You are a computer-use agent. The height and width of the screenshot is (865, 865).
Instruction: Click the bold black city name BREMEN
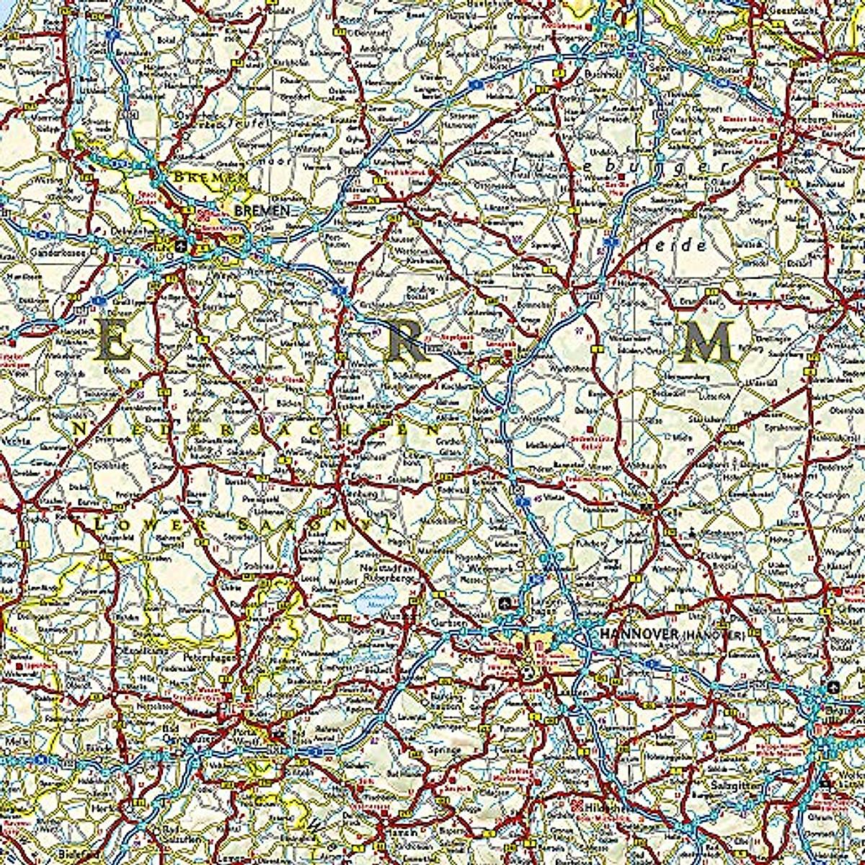pyautogui.click(x=262, y=210)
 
